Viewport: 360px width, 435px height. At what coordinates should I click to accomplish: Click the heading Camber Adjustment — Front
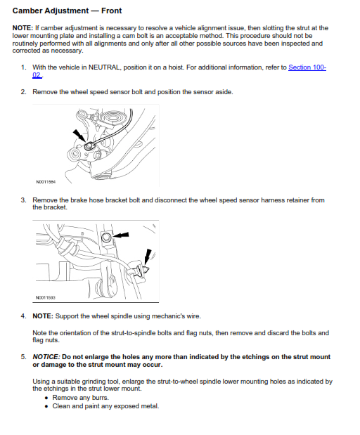point(67,11)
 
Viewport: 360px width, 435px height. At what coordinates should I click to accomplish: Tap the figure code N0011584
point(46,182)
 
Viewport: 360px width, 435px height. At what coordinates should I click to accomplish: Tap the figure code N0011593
point(46,298)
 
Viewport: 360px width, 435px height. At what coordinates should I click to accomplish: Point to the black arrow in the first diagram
point(79,136)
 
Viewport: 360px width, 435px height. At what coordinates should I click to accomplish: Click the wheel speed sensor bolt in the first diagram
point(89,146)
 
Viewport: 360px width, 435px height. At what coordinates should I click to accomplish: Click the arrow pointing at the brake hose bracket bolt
point(121,235)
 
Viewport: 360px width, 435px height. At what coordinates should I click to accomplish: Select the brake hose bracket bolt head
point(106,238)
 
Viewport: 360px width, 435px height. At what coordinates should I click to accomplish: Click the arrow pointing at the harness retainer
point(148,257)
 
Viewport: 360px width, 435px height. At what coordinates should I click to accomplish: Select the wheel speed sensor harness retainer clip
point(141,270)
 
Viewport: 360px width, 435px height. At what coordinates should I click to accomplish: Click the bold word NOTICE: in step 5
point(46,357)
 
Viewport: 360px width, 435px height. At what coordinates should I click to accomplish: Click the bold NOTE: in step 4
point(43,316)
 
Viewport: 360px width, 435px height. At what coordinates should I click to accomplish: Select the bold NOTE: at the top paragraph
point(22,28)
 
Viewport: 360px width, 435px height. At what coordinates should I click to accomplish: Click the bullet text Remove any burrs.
point(80,398)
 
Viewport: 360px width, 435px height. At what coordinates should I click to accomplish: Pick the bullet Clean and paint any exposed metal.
point(105,406)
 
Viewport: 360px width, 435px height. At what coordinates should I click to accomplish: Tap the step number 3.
point(24,200)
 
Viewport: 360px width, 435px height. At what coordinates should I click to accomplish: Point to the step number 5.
point(24,357)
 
